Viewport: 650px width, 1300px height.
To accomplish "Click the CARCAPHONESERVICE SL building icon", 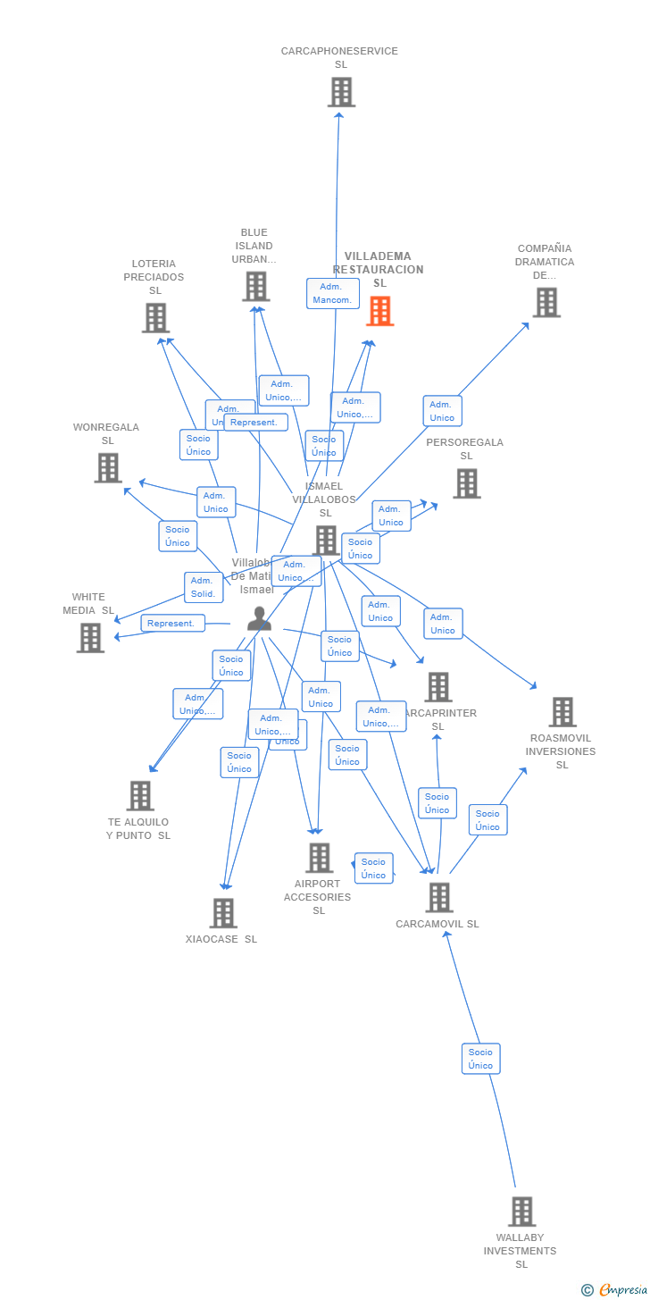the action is (x=341, y=92).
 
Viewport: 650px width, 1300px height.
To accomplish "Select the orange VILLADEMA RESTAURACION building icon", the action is (x=380, y=311).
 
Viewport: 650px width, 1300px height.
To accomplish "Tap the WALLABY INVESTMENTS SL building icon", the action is (x=521, y=1212).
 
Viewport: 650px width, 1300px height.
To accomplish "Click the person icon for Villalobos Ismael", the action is (x=259, y=618).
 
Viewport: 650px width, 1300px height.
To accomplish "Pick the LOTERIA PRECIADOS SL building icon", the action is (x=155, y=318).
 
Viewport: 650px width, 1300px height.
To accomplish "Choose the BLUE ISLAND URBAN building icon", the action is (x=255, y=287).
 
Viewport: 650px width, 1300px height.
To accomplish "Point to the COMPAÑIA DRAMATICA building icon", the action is (x=546, y=303).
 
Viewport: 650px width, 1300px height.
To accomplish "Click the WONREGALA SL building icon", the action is (x=108, y=468).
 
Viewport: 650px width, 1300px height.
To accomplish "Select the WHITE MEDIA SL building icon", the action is (x=90, y=638).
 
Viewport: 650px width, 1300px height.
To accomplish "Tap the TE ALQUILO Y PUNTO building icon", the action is (x=140, y=796).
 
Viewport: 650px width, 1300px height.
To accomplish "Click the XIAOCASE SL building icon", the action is (x=223, y=913).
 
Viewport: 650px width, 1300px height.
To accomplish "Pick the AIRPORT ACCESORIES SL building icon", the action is (x=319, y=858).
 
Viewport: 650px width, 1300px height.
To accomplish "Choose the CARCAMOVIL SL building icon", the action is (x=438, y=898).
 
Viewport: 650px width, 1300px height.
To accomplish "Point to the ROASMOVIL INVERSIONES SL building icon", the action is (x=562, y=712).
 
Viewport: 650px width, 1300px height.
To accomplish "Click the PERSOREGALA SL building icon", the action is (x=466, y=484).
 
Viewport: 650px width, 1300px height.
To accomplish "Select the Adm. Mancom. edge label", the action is (x=332, y=293).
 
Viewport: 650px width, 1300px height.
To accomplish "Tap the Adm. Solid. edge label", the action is (x=204, y=587).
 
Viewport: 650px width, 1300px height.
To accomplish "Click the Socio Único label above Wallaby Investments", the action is (x=480, y=1059).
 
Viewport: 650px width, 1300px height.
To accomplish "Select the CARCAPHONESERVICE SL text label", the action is (x=339, y=58).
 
